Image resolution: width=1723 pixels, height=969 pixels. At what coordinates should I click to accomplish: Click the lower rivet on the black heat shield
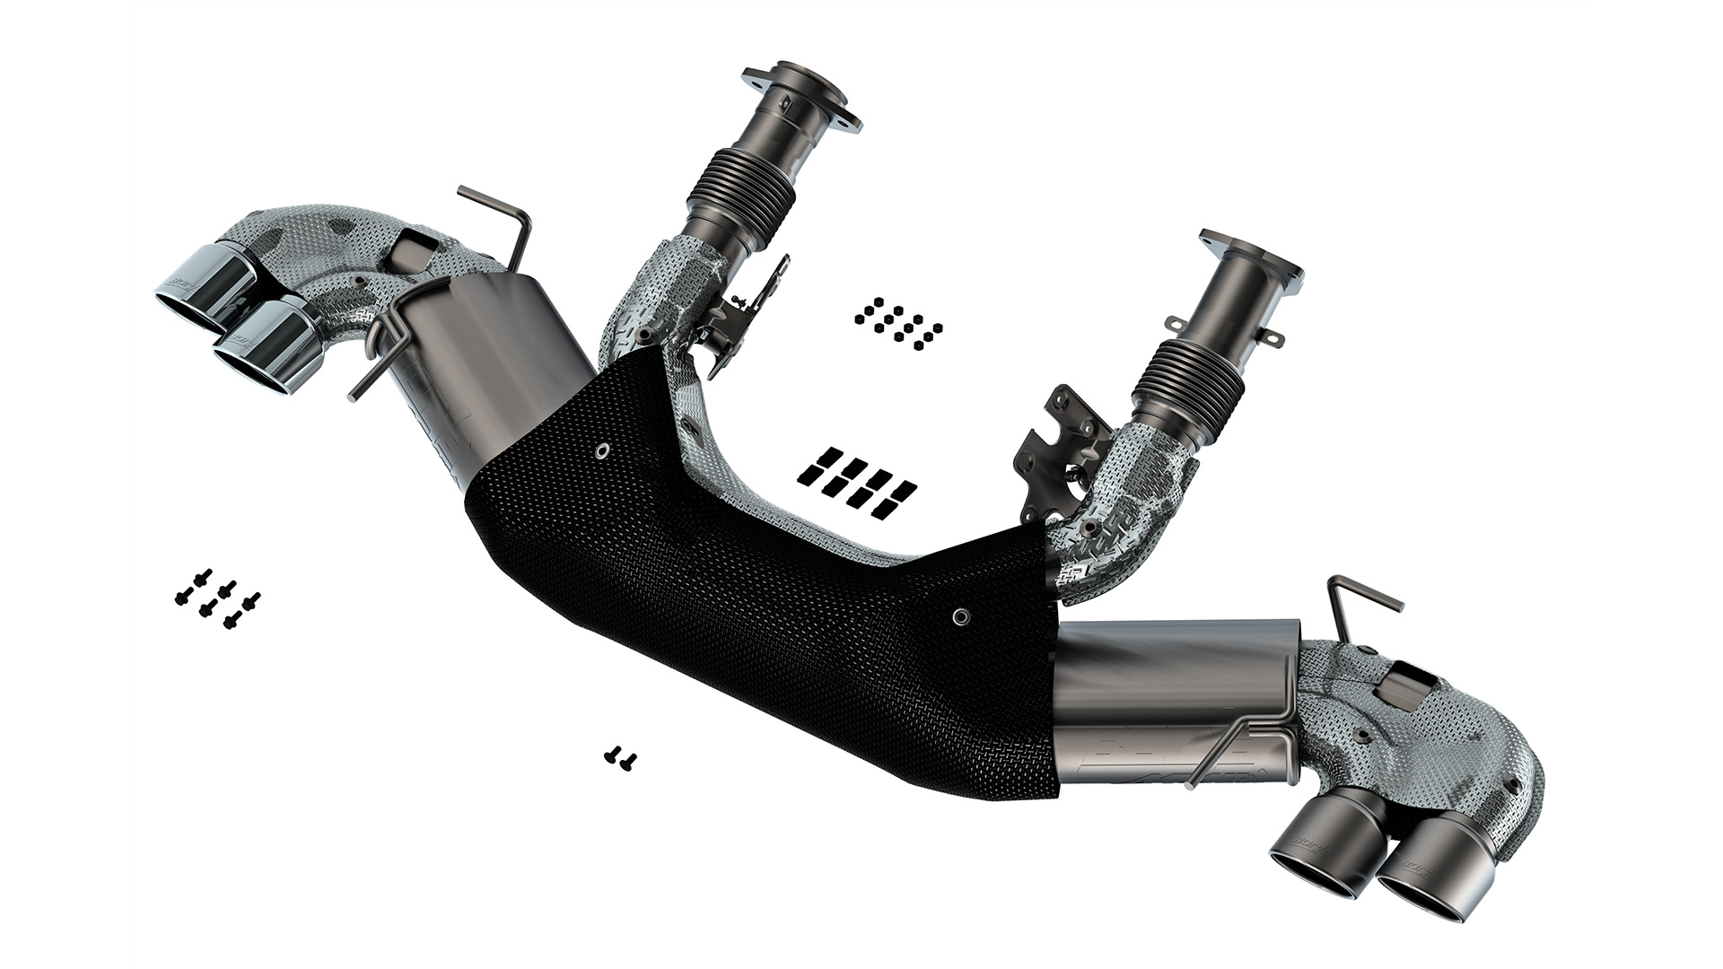960,615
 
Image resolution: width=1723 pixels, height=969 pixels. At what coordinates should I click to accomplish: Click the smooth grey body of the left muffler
503,359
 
